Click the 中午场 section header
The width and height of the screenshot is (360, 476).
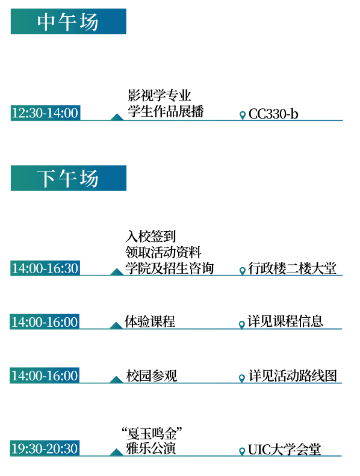coord(69,22)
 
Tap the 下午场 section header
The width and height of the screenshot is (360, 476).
coord(69,178)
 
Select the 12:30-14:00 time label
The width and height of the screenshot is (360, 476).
coord(45,113)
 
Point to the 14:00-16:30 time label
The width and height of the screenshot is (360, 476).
coord(45,268)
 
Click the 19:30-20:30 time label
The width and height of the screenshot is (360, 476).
coord(45,448)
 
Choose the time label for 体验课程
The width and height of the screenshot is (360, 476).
coord(45,322)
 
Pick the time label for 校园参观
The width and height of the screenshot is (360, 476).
coord(45,376)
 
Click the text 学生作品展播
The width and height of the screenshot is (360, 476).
coord(166,111)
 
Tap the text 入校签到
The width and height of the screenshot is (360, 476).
coord(151,236)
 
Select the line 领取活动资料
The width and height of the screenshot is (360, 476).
coord(163,252)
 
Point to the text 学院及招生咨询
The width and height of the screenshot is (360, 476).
coord(170,268)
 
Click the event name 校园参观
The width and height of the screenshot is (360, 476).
coord(151,376)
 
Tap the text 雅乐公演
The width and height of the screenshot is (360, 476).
coord(151,448)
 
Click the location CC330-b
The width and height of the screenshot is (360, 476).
coord(273,114)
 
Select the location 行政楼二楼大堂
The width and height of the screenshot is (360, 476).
coord(292,268)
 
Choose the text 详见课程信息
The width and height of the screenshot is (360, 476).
coord(285,321)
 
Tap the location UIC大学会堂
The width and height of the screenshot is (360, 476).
coord(284,450)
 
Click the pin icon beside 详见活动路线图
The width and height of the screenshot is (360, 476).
coord(242,379)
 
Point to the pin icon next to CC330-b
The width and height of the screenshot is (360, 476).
coord(243,116)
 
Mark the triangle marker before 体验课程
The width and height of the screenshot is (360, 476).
coord(116,326)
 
